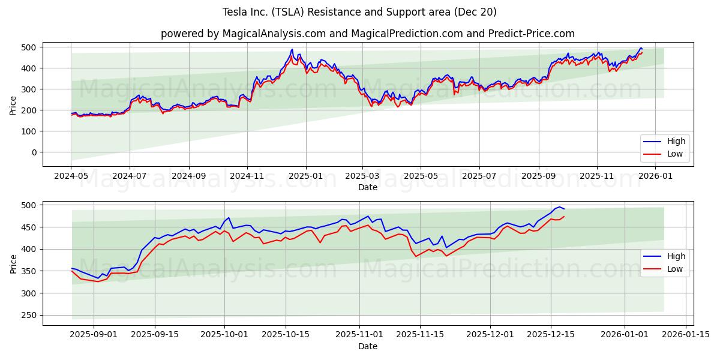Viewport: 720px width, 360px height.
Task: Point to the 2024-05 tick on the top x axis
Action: coord(71,176)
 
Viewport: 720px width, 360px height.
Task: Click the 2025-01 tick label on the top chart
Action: coord(305,176)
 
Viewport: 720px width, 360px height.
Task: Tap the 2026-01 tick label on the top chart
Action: coord(655,176)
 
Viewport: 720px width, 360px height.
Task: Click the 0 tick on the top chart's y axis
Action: coord(34,152)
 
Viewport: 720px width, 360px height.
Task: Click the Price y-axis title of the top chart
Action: coord(13,105)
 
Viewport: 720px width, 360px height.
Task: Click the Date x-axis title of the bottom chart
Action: coord(368,346)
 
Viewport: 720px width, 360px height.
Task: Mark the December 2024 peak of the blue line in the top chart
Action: coord(292,49)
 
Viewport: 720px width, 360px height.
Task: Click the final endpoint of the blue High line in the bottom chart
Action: coord(564,209)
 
